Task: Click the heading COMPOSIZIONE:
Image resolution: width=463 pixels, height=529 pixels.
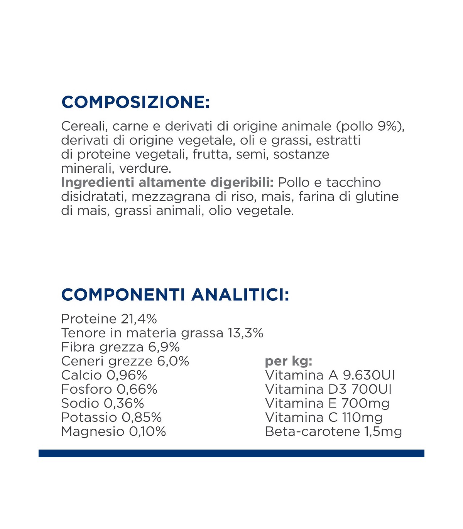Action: (x=135, y=102)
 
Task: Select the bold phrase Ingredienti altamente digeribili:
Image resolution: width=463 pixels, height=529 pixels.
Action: (x=167, y=182)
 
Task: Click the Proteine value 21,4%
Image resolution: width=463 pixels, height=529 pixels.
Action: (x=139, y=319)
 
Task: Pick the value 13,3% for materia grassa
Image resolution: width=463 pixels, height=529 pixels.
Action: (x=245, y=333)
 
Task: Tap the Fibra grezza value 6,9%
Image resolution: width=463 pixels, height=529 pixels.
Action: (x=164, y=347)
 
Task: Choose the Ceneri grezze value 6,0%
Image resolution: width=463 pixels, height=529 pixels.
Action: (x=173, y=361)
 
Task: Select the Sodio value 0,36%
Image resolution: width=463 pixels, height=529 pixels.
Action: (x=124, y=403)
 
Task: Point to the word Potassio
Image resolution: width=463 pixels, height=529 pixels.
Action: (x=89, y=418)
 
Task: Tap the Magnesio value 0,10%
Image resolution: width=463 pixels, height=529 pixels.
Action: (x=147, y=431)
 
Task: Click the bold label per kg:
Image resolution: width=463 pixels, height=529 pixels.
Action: (x=288, y=361)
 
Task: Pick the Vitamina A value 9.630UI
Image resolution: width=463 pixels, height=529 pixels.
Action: (x=369, y=375)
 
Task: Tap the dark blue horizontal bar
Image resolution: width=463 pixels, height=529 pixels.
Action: (x=231, y=453)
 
